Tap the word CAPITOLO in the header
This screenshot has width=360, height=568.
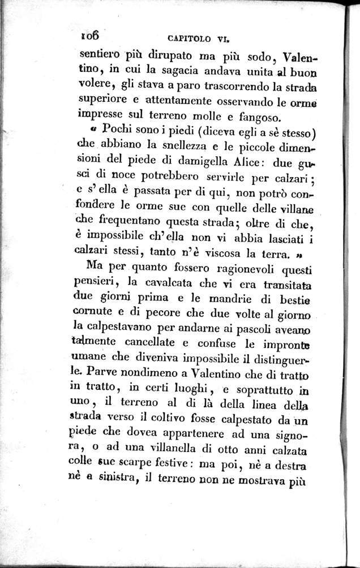pos(191,39)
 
